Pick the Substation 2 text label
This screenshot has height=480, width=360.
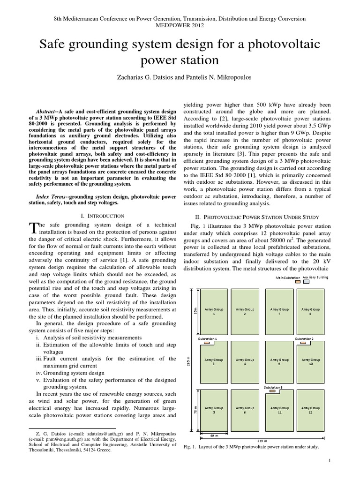coord(305,338)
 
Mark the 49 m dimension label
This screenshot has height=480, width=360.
coord(214,436)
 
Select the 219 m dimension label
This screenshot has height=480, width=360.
coord(262,441)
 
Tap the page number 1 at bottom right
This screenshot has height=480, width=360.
coord(330,462)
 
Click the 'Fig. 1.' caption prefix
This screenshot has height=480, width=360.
coord(189,447)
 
